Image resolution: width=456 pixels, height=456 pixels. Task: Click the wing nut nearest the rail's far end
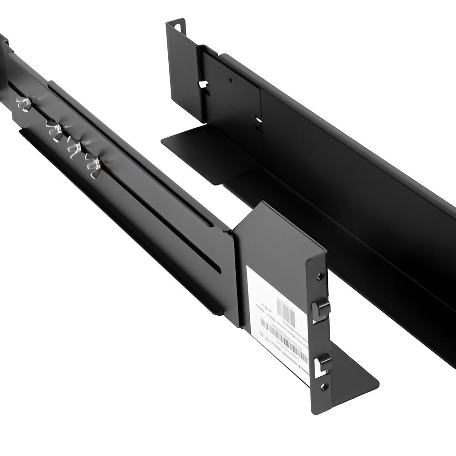(x=22, y=104)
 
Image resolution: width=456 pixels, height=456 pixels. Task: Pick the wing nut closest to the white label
(x=93, y=166)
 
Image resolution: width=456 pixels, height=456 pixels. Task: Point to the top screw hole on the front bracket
(x=321, y=276)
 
